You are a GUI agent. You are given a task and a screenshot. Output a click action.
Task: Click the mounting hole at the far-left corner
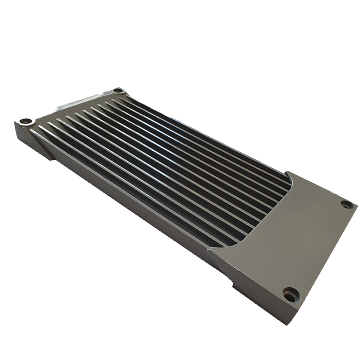click(x=26, y=121)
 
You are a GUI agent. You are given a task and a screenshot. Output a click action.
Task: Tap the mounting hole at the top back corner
click(x=118, y=90)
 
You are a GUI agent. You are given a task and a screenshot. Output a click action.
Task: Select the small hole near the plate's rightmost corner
click(x=347, y=204)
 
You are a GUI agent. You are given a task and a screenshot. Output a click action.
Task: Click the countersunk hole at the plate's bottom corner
click(x=291, y=295)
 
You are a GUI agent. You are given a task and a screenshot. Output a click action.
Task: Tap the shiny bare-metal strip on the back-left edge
click(x=78, y=101)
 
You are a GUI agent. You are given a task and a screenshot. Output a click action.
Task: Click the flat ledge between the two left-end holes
click(x=69, y=108)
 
